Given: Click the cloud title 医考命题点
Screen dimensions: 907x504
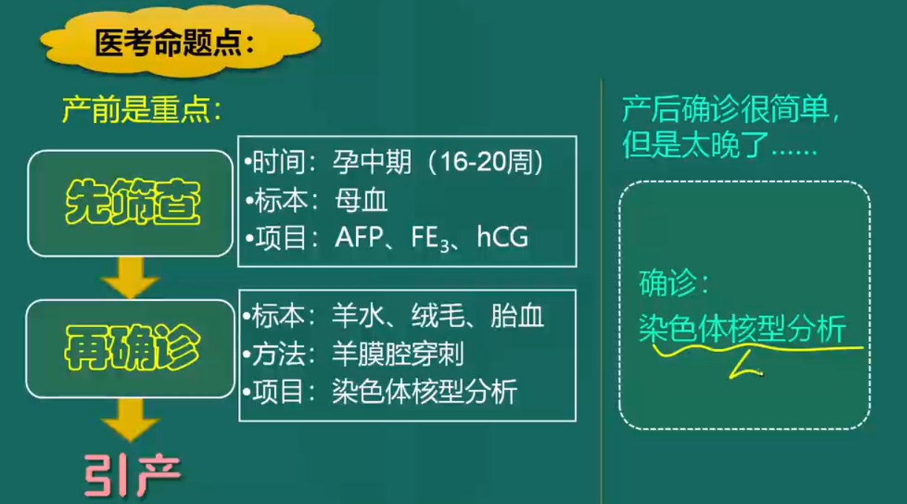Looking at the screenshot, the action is click(x=175, y=42).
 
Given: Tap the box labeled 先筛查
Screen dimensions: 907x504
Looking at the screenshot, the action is click(x=131, y=203).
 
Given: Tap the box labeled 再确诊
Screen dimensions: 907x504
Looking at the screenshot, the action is click(x=131, y=348).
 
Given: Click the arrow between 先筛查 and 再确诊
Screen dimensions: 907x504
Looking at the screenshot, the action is click(x=131, y=278).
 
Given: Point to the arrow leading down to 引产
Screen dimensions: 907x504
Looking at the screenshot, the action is click(x=131, y=420).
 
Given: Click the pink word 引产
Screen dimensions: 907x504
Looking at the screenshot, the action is click(x=133, y=475).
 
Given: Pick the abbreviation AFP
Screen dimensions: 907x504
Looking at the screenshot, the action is click(x=359, y=237).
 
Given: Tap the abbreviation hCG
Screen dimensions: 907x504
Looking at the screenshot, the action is click(x=503, y=237).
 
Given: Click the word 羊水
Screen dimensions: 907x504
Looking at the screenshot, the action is click(x=358, y=316).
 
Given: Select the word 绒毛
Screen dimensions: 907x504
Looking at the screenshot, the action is click(x=438, y=316).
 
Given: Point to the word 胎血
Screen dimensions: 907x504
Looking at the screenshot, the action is click(x=517, y=316).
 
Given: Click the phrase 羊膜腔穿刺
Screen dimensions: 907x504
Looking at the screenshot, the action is click(x=398, y=354).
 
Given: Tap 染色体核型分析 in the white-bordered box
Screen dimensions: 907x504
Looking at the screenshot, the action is click(x=424, y=391).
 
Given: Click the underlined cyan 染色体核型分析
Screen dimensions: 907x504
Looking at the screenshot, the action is click(x=742, y=328).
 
